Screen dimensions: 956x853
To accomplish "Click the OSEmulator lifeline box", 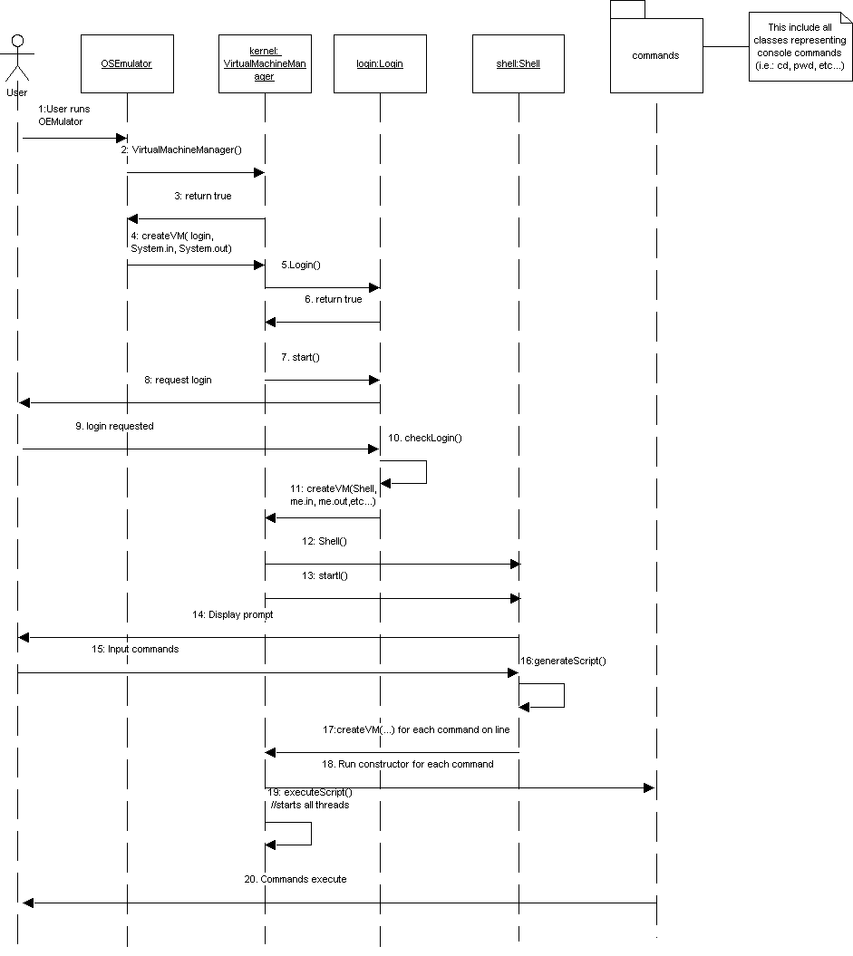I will [x=126, y=64].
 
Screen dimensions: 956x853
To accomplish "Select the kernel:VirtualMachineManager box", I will [x=265, y=64].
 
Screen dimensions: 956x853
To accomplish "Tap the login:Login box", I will [x=380, y=64].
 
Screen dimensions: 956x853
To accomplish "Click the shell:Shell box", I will [x=519, y=64].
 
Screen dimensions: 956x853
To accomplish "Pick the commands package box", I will [x=655, y=56].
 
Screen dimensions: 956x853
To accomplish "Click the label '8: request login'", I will [x=178, y=380].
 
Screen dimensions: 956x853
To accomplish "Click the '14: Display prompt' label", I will [x=232, y=614].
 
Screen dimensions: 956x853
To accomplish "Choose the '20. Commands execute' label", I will [x=303, y=879].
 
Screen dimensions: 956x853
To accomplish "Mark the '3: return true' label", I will [x=203, y=196].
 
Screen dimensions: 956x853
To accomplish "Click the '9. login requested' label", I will [x=114, y=426].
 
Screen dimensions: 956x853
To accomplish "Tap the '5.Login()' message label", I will [x=301, y=265].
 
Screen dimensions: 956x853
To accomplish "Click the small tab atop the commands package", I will [x=626, y=9].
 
